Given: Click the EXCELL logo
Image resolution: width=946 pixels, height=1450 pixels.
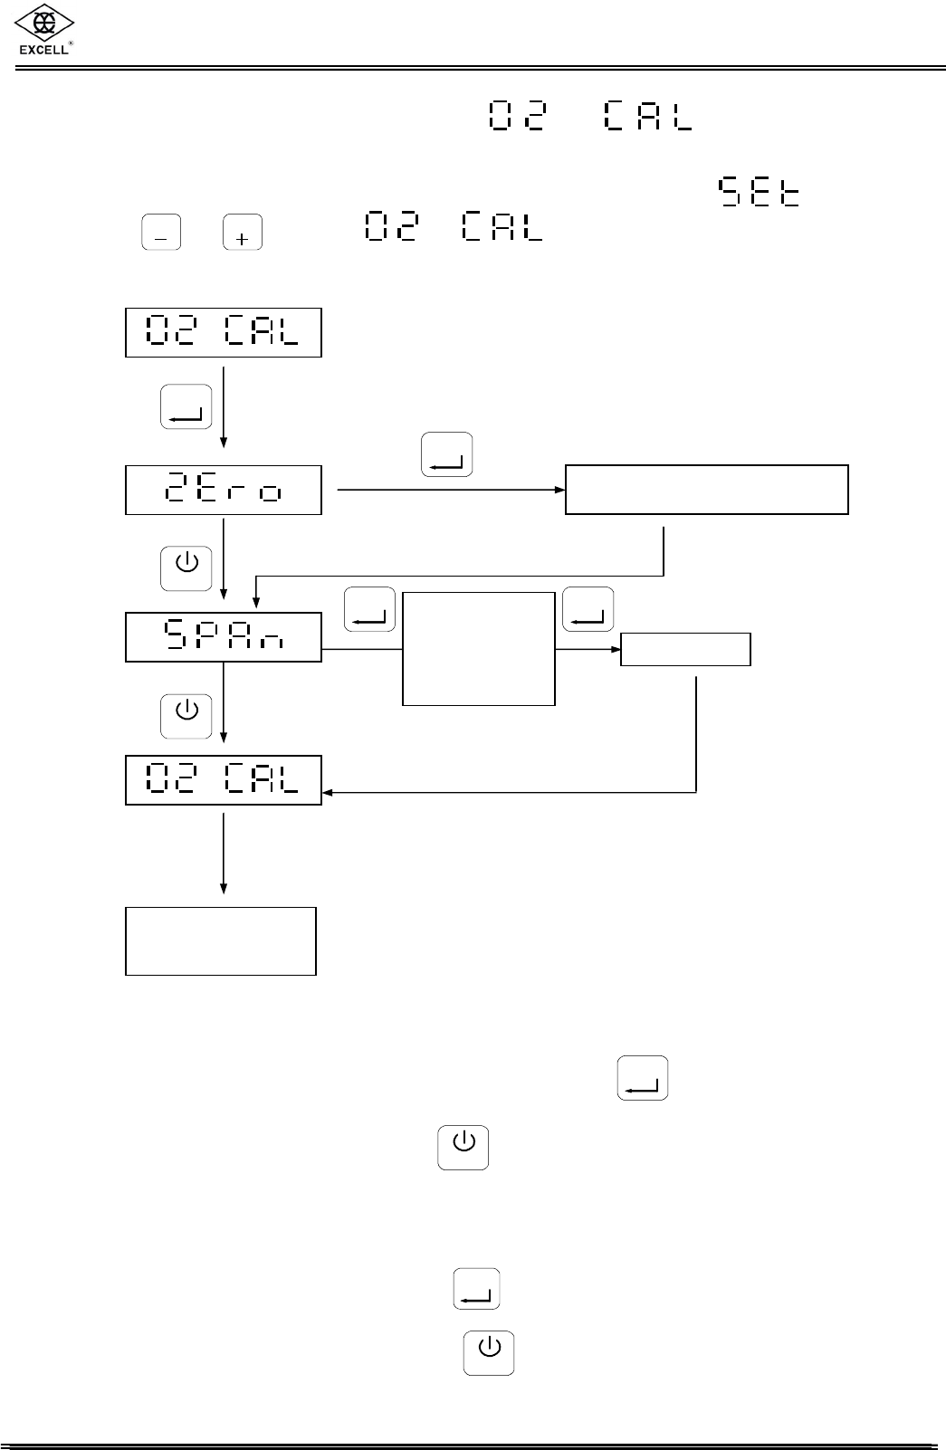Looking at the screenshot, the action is (x=45, y=31).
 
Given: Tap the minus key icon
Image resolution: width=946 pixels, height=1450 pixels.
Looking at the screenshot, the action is (x=161, y=233).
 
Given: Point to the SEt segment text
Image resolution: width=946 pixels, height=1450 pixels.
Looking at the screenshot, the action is (x=759, y=193).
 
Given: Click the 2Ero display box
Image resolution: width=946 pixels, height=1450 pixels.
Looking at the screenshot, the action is (x=224, y=491).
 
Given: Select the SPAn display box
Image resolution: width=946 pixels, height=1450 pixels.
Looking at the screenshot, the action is (x=224, y=637).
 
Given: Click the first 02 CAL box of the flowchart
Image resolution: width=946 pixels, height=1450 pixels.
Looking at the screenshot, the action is (x=224, y=333).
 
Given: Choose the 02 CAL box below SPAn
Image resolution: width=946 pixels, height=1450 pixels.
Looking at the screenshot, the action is (x=224, y=780).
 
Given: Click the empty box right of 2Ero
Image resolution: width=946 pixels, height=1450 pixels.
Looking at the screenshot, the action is (x=706, y=490).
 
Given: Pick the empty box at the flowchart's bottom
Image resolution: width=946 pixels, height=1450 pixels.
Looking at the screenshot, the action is (x=221, y=941).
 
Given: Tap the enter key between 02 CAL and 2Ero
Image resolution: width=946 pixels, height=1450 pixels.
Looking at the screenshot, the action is (x=186, y=406).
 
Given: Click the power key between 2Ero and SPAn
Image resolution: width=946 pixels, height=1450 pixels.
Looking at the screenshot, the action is (x=186, y=568).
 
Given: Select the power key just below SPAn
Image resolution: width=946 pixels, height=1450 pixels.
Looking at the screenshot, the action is (x=186, y=715).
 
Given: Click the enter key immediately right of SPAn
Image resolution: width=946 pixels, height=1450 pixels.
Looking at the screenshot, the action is (x=369, y=609).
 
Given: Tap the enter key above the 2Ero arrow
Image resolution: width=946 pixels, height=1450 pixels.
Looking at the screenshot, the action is (x=447, y=454).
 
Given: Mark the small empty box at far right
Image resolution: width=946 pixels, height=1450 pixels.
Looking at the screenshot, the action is (x=685, y=649).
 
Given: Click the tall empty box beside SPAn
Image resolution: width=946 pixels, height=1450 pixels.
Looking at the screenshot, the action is (x=478, y=649).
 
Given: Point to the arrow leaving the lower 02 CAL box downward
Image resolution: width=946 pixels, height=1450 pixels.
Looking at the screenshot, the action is (x=224, y=851).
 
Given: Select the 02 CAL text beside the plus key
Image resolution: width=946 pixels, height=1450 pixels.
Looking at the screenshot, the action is (x=454, y=226).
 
